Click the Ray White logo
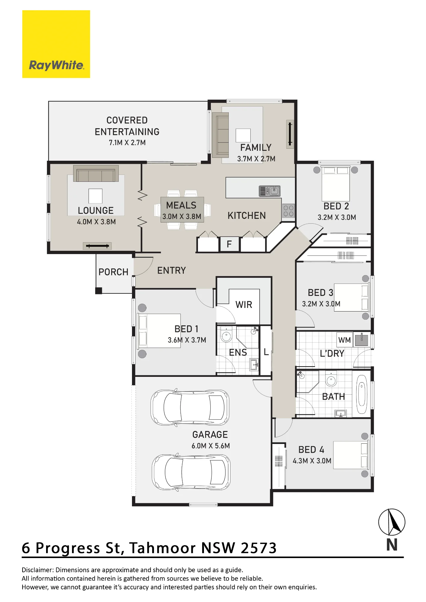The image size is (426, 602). [x=56, y=44]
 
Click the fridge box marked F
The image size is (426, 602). [x=229, y=244]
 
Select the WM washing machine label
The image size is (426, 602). [x=344, y=340]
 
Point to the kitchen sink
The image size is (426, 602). [x=270, y=191]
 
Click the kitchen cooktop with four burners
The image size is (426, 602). [x=288, y=211]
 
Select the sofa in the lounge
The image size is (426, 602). [x=96, y=174]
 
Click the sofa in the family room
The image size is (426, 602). [x=221, y=135]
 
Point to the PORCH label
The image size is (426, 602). [x=113, y=272]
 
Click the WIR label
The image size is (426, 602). [x=244, y=305]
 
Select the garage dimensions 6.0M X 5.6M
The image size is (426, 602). [x=211, y=446]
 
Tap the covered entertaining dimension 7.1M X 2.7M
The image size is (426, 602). [x=127, y=143]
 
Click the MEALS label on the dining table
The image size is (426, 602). [x=181, y=205]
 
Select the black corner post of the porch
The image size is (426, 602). [x=99, y=291]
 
